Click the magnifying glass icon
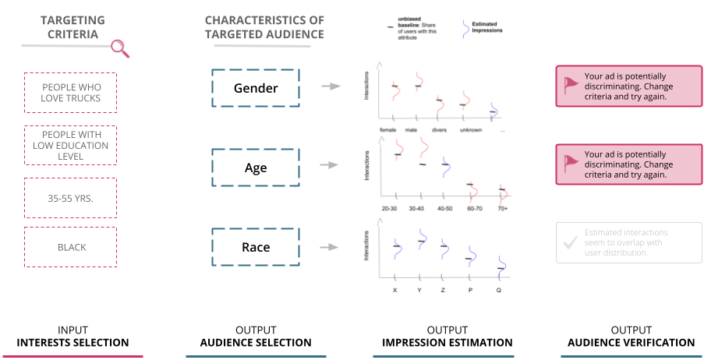[120, 49]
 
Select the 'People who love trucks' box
[70, 93]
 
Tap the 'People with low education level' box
[70, 146]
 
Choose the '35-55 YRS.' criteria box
[70, 198]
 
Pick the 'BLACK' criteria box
[70, 247]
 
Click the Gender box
[255, 88]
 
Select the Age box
[255, 168]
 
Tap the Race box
[255, 247]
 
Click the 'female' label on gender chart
[388, 129]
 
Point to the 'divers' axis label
[439, 129]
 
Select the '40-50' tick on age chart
[444, 208]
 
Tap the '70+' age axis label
[503, 208]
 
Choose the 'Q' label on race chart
[499, 290]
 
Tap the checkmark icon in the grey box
[569, 243]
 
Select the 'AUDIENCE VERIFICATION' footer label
[631, 343]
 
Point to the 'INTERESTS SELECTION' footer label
[73, 343]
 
